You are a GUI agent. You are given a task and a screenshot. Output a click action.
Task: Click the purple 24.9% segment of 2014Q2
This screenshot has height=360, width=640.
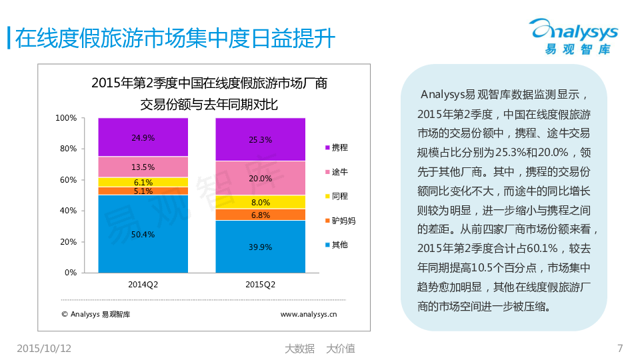click(x=143, y=137)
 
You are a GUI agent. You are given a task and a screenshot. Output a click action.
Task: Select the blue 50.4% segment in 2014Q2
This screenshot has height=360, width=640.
click(x=143, y=234)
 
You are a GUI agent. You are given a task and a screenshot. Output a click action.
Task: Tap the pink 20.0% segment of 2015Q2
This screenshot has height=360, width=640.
click(x=260, y=178)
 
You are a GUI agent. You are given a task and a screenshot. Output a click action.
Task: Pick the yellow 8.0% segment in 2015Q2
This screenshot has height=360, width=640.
click(x=260, y=202)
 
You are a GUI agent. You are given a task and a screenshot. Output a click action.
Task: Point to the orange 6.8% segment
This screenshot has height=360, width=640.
click(x=260, y=215)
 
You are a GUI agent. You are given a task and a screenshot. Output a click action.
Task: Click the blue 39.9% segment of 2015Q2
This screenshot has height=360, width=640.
click(x=260, y=247)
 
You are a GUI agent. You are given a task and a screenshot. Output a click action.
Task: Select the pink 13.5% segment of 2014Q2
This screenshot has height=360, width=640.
click(x=143, y=167)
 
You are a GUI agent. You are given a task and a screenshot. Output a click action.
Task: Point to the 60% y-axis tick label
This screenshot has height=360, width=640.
click(x=68, y=180)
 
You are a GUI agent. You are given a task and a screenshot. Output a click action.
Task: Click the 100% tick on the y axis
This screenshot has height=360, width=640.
click(x=66, y=118)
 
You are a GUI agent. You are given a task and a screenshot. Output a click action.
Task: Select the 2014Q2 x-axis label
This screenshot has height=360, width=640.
click(x=143, y=285)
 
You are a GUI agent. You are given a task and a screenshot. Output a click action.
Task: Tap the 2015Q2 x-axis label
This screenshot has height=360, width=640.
click(x=260, y=285)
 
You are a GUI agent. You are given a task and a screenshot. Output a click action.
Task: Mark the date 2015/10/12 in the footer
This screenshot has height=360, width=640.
click(x=44, y=348)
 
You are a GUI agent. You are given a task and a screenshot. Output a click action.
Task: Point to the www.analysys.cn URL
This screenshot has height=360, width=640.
click(x=308, y=313)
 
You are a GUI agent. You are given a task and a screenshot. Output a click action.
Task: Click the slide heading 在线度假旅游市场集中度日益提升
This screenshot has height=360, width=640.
click(x=175, y=38)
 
